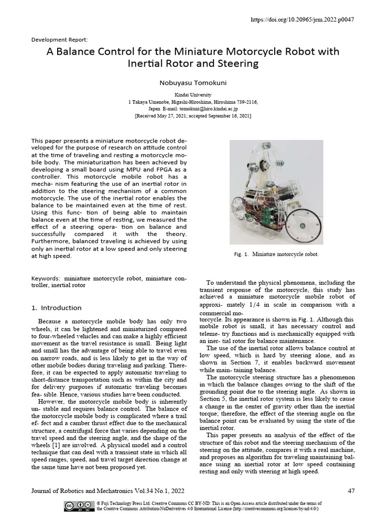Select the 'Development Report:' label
[x=60, y=39]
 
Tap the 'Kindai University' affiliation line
[x=192, y=95]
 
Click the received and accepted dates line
[x=192, y=115]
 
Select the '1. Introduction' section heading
[x=56, y=308]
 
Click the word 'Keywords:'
[x=46, y=278]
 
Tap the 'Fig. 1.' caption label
[x=242, y=254]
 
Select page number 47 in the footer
[x=350, y=490]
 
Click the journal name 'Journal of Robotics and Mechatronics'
[x=83, y=490]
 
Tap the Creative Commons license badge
[x=80, y=505]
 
